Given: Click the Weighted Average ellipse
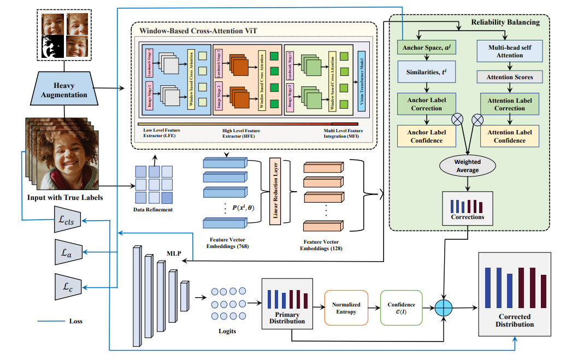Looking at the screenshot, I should click(468, 166).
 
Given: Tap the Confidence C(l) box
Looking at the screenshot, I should click(401, 308).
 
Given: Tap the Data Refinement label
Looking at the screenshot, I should click(154, 210).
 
